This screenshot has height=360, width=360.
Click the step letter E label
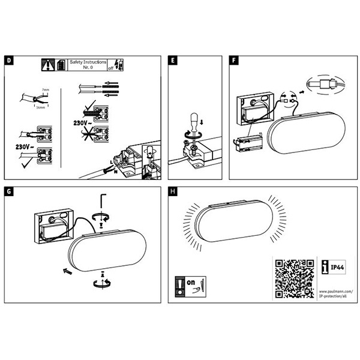(x=173, y=61)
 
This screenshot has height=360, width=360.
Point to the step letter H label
(x=173, y=191)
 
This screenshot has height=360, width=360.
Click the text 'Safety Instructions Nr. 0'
(x=88, y=64)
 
